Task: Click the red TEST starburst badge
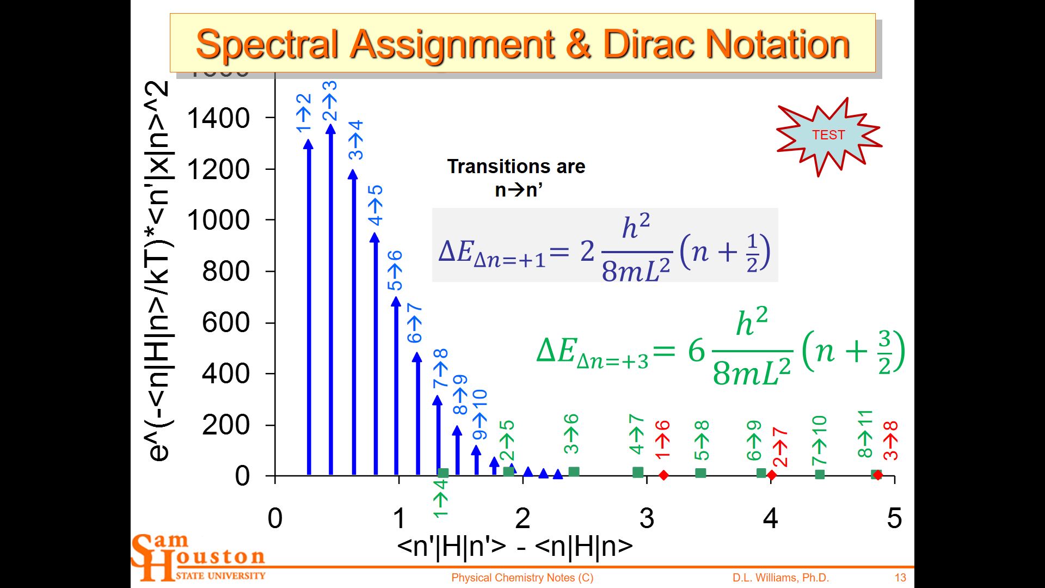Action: (828, 135)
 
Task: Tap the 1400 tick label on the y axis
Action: (218, 118)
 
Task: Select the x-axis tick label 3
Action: (647, 518)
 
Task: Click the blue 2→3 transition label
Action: (330, 101)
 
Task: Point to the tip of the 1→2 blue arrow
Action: (308, 143)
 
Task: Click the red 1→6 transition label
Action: (662, 440)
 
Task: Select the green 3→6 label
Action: (571, 434)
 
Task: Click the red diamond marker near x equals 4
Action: (771, 475)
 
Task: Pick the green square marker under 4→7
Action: (638, 472)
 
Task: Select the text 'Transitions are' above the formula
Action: (516, 167)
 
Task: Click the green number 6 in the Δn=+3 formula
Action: (696, 351)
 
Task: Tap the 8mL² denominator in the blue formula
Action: (636, 270)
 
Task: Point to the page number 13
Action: (900, 578)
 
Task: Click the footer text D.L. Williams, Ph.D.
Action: (780, 578)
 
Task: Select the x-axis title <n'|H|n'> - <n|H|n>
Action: (515, 546)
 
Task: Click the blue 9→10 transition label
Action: (480, 415)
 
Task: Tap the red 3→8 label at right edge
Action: (891, 441)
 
